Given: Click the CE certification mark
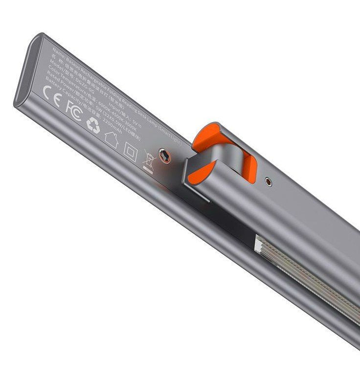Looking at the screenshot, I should [x=51, y=95].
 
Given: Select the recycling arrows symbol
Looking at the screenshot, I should [x=93, y=124].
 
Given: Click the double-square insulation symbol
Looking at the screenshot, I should [x=130, y=148].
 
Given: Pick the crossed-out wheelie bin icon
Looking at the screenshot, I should [x=149, y=160].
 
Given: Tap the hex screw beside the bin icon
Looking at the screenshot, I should [x=166, y=156].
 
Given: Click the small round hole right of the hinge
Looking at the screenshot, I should [x=268, y=182].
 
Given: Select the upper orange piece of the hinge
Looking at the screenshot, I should [x=205, y=135].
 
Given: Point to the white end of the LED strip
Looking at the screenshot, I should [x=260, y=242].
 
